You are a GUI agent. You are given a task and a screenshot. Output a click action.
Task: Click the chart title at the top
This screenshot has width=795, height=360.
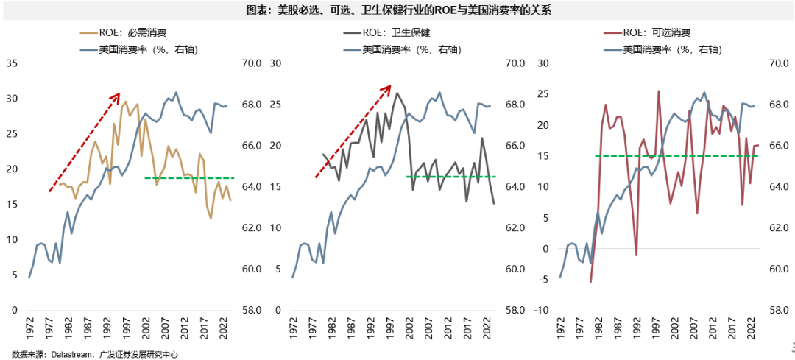(x=397, y=10)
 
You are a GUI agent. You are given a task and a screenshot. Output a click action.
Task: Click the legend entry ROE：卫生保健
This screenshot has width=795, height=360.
(x=386, y=32)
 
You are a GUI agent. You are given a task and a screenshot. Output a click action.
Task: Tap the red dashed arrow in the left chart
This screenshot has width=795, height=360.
(x=84, y=143)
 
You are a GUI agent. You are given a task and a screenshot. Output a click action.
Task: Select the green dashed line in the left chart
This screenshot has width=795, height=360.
(x=189, y=178)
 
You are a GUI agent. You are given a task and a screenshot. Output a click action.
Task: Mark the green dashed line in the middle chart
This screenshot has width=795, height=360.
(x=451, y=177)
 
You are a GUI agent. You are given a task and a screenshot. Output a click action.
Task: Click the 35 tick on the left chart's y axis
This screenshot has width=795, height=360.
(x=12, y=63)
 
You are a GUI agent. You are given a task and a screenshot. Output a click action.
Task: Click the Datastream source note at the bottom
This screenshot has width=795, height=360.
(x=96, y=354)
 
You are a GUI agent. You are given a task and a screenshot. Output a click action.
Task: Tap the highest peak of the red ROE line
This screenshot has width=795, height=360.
(x=658, y=91)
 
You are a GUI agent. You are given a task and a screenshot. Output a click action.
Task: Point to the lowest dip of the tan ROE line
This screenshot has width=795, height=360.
(x=211, y=219)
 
